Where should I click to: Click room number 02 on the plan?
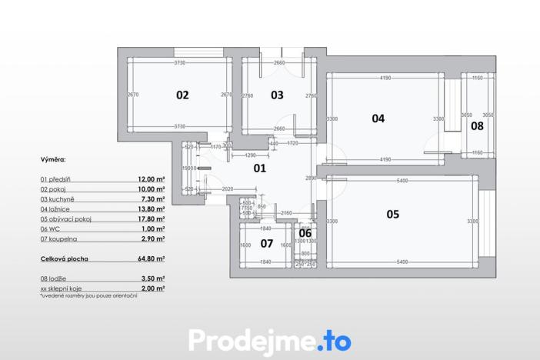(x=182, y=95)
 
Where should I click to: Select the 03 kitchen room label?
(x=277, y=95)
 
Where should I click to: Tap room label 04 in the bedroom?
(x=378, y=118)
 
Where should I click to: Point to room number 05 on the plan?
(x=392, y=214)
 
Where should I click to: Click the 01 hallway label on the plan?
(x=259, y=168)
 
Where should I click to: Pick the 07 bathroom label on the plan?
(x=266, y=244)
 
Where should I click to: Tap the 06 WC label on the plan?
(x=305, y=233)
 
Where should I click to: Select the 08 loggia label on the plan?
(x=477, y=126)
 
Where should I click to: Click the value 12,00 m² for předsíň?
(x=152, y=178)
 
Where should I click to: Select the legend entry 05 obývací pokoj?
(x=69, y=218)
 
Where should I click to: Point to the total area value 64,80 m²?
(x=152, y=259)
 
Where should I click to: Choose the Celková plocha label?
(x=64, y=259)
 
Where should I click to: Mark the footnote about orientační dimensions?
(x=88, y=295)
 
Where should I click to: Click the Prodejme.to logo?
(x=269, y=339)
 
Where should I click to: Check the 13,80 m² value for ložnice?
(x=152, y=208)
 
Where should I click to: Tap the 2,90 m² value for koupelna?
(x=153, y=238)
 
